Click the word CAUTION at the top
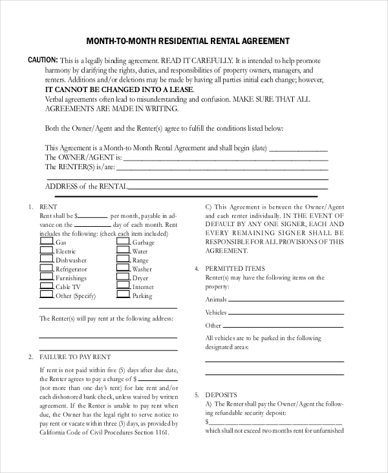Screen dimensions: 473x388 [43, 60]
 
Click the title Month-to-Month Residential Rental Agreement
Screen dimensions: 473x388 [188, 41]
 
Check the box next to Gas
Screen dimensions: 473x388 [47, 242]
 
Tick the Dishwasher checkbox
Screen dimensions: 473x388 [47, 259]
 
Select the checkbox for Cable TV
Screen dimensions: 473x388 [47, 286]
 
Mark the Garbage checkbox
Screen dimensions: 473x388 [123, 242]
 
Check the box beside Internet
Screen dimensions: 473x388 [123, 286]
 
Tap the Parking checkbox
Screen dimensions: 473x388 [123, 295]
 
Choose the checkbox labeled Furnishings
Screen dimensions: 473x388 [47, 277]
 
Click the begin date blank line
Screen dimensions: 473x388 [298, 148]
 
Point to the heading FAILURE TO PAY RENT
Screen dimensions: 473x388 [75, 357]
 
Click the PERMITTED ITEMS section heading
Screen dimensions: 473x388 [235, 268]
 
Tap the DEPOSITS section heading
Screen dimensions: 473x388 [221, 395]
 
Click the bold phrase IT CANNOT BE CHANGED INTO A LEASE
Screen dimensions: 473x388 [120, 89]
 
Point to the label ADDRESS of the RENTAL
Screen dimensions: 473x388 [87, 187]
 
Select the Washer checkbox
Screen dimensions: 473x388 [123, 268]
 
